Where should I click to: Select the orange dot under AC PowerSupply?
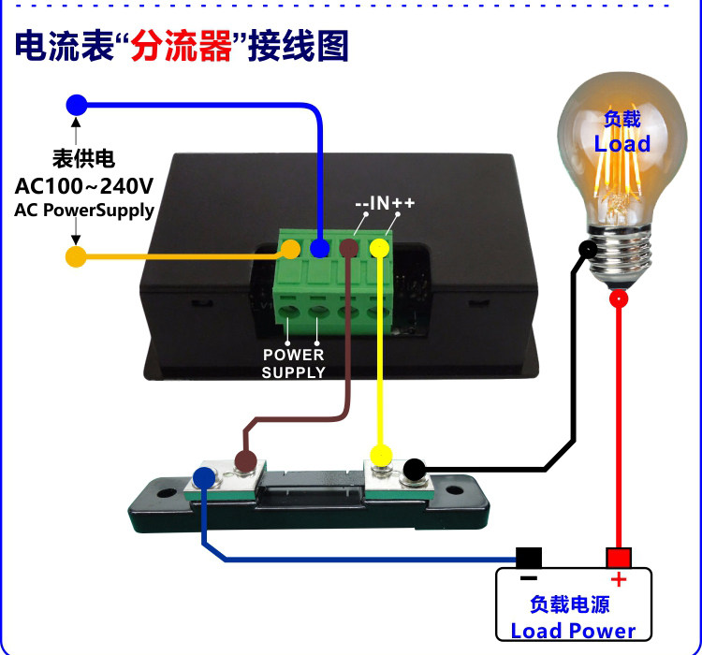76,255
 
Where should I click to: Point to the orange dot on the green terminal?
291,249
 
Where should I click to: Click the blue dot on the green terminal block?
319,248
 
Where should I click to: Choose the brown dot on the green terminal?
348,248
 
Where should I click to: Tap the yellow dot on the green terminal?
379,248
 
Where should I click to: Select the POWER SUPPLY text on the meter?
293,363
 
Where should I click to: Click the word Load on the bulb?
622,144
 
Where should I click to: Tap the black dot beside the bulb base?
588,249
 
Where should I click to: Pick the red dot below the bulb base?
618,299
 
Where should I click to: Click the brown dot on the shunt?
245,460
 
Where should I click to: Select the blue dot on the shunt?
203,478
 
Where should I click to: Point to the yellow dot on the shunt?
380,456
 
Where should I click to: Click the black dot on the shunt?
414,469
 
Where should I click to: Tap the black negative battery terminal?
529,558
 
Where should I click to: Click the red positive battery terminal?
618,559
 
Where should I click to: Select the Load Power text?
573,631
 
